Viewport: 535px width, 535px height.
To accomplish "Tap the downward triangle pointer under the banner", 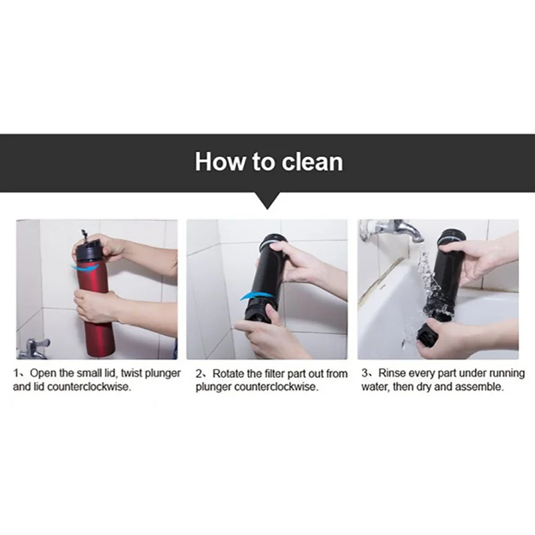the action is click(x=268, y=201).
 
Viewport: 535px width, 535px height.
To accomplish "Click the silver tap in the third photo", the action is click(x=393, y=229).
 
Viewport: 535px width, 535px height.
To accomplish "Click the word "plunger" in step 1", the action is click(x=163, y=373).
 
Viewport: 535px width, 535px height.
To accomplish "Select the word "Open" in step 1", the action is click(x=43, y=372).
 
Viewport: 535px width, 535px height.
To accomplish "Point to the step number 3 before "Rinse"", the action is click(x=364, y=373).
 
